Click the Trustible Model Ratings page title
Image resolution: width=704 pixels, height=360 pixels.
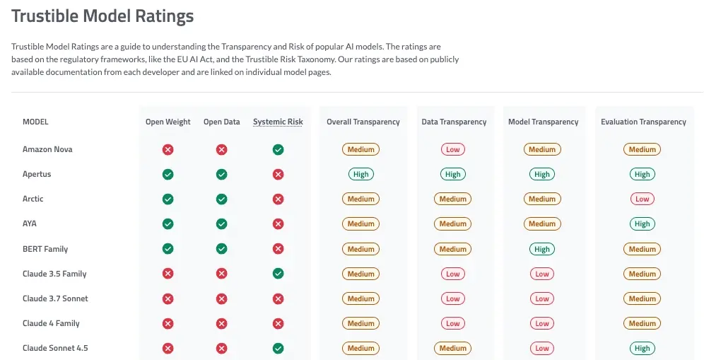pyautogui.click(x=102, y=16)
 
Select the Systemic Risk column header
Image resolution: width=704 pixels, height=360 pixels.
pyautogui.click(x=278, y=122)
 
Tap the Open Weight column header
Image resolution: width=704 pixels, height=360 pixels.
pyautogui.click(x=168, y=122)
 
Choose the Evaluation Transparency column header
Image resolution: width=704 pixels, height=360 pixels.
pyautogui.click(x=643, y=122)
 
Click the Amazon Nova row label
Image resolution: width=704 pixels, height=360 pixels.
pyautogui.click(x=47, y=149)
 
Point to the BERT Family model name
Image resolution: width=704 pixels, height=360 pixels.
pyautogui.click(x=45, y=249)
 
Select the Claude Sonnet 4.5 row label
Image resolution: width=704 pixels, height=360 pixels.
pyautogui.click(x=55, y=348)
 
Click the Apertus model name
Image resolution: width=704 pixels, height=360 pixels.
pyautogui.click(x=37, y=175)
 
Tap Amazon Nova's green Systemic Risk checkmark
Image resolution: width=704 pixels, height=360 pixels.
pyautogui.click(x=278, y=150)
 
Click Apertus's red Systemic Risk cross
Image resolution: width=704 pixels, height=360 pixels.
pyautogui.click(x=278, y=175)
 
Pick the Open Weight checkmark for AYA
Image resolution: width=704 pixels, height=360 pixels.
pyautogui.click(x=168, y=223)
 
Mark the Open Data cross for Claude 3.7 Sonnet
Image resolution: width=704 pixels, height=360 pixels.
pyautogui.click(x=221, y=299)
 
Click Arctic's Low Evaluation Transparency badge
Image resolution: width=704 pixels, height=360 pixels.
pyautogui.click(x=642, y=199)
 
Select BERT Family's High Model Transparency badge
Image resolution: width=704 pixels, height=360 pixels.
pyautogui.click(x=542, y=249)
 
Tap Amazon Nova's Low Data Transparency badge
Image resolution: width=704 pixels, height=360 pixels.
pyautogui.click(x=452, y=150)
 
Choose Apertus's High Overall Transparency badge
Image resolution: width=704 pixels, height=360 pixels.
pyautogui.click(x=361, y=175)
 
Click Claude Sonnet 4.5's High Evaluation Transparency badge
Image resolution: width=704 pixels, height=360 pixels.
pyautogui.click(x=642, y=348)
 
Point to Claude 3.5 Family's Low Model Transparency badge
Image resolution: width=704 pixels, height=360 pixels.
pyautogui.click(x=542, y=274)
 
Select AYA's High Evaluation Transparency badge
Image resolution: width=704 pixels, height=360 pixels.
pyautogui.click(x=642, y=223)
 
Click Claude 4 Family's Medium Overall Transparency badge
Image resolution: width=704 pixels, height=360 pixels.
pyautogui.click(x=361, y=324)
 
